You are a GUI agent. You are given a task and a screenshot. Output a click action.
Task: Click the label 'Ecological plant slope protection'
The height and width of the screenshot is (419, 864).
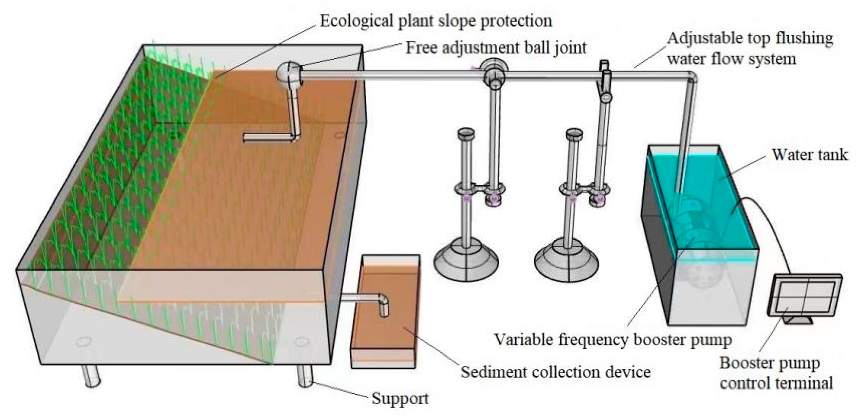pos(435,21)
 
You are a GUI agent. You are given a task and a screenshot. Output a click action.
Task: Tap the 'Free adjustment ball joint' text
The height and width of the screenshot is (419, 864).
pos(496,48)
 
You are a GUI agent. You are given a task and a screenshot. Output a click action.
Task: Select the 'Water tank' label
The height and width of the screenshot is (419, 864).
pos(809,155)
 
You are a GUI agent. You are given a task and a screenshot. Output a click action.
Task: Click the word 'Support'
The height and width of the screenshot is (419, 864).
pos(400,399)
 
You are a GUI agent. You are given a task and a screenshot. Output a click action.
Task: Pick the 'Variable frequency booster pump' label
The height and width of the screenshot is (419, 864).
pos(613,340)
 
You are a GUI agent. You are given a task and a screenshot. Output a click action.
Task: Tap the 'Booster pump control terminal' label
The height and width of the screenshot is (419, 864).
pos(776,373)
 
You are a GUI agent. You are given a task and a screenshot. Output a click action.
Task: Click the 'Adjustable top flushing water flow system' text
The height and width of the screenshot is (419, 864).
pos(750,49)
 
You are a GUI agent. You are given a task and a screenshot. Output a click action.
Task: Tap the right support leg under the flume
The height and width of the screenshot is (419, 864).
pos(305,375)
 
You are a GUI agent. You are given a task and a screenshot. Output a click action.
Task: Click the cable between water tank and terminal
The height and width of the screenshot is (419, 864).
pos(771,231)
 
